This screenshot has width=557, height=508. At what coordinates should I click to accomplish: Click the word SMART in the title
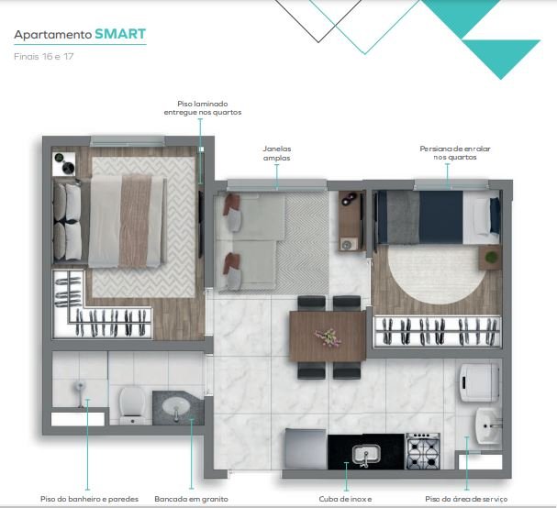point(120,34)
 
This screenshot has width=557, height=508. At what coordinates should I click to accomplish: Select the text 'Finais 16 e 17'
point(44,57)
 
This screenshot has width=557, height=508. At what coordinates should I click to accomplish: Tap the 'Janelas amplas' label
point(277,153)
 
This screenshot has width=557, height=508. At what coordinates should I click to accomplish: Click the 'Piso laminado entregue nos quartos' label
point(203,108)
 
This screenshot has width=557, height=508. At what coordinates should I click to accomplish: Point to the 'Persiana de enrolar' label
point(455,149)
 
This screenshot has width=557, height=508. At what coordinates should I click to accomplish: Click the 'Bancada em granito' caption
point(191,499)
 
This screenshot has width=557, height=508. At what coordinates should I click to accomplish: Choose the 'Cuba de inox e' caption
point(345,499)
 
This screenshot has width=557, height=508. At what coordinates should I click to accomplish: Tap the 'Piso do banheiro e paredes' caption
point(89,499)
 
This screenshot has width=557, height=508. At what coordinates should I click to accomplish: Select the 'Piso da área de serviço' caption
point(466,499)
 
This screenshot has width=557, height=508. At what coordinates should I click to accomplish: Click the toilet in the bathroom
point(132,405)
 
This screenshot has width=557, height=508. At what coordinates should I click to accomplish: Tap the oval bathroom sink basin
point(176,405)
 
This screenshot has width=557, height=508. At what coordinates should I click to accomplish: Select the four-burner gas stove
point(423,451)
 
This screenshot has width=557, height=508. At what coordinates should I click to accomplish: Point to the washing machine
point(479,382)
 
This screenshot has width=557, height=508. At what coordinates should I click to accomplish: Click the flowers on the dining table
point(329,337)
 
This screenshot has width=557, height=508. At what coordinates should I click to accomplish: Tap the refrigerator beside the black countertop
point(306,449)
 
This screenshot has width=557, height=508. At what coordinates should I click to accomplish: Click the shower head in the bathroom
point(80,386)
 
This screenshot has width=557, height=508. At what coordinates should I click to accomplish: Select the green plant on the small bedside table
point(491,257)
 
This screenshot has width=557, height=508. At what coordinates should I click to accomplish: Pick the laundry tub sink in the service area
point(488,425)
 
